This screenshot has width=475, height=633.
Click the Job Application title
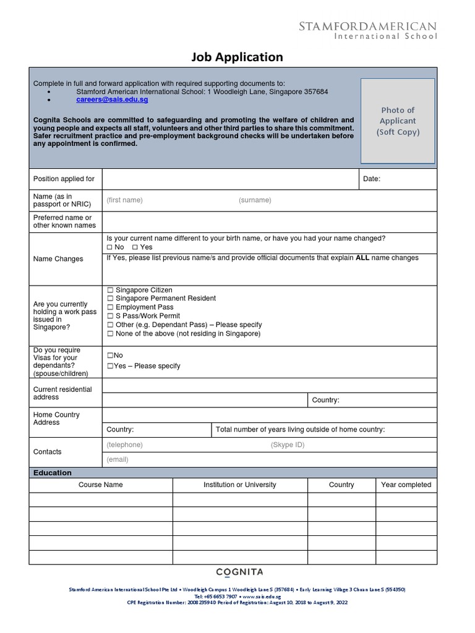pos(237,57)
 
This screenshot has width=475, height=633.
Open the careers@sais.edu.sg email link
pos(112,100)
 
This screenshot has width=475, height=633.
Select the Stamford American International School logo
pos(367,30)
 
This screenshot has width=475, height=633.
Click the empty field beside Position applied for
pos(229,179)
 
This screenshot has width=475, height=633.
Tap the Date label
pos(372,179)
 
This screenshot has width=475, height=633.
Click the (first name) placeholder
pos(124,200)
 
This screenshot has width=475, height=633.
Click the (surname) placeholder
pos(255,200)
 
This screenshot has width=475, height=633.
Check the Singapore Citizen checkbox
pos(110,290)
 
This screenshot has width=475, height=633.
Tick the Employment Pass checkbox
pos(110,307)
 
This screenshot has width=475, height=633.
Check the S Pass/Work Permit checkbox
pos(110,316)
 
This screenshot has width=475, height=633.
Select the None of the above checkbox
pos(110,334)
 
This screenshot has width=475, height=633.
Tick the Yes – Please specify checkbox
pos(110,366)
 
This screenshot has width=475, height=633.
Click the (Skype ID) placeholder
pos(287,445)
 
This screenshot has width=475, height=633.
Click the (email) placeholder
pos(118,460)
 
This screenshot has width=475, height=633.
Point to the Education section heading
pos(53,473)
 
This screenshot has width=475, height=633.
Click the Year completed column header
pos(406,485)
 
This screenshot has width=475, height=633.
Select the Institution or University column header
pos(240,485)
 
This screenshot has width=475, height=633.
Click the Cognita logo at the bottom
pos(239,572)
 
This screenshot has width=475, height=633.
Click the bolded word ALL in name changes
pos(362,258)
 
